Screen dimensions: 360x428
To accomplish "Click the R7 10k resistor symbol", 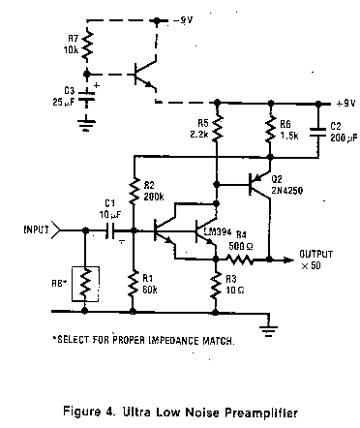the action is point(87,46).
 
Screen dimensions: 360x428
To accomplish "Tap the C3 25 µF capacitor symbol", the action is point(86,97).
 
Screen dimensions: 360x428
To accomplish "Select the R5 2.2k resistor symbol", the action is point(217,128).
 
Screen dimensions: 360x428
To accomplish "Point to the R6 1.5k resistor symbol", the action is point(271,130).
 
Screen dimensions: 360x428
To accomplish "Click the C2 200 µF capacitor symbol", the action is point(318,133).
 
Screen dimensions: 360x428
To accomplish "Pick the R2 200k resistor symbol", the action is point(135,191).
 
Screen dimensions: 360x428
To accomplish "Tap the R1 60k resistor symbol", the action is point(133,284).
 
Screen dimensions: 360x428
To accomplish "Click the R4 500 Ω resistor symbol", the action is point(239,260).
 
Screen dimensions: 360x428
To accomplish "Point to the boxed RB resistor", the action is point(85,284).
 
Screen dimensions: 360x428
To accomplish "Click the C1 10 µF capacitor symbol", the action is point(110,230).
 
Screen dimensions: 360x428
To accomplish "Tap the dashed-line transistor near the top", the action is point(145,75).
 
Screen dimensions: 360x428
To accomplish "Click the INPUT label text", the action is point(36,229).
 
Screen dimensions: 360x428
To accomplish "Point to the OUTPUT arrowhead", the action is point(288,260).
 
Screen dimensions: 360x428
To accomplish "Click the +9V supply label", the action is point(345,104).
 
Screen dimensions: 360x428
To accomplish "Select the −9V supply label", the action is point(183,20).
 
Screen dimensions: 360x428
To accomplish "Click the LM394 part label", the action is point(218,231).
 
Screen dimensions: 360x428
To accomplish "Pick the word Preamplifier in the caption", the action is point(261,413).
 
